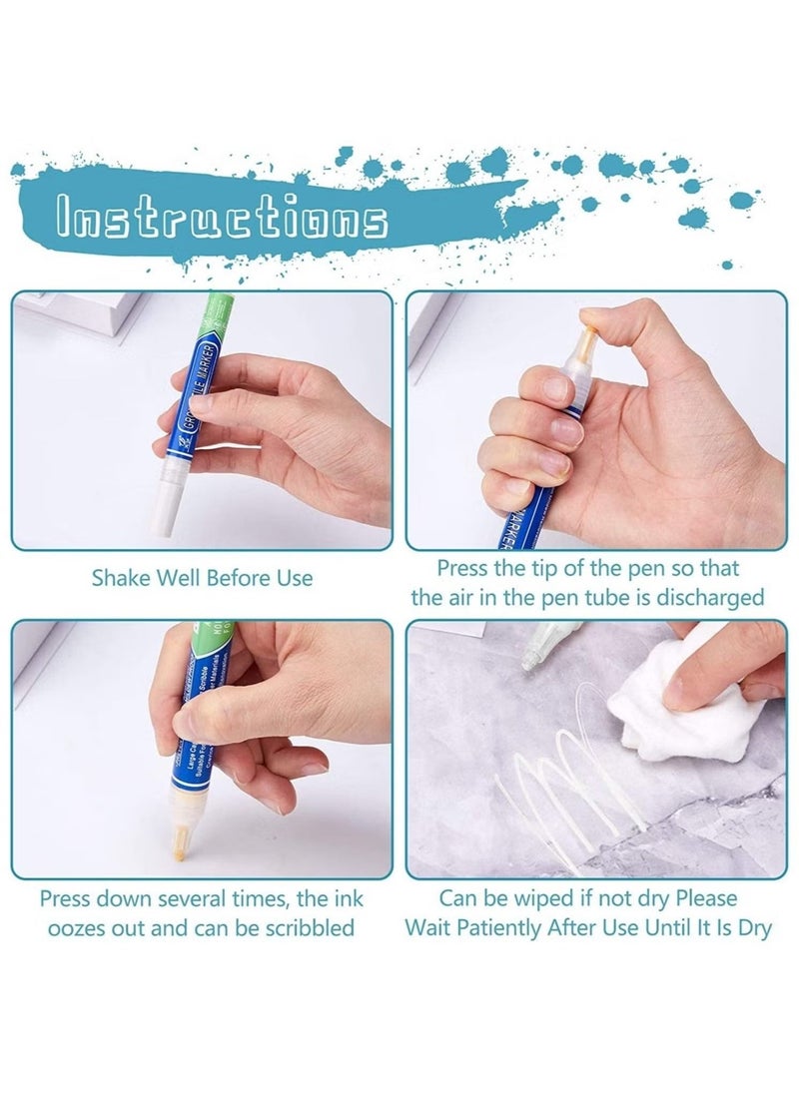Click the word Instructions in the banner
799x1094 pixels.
click(x=222, y=218)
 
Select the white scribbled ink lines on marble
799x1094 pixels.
click(x=569, y=789)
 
